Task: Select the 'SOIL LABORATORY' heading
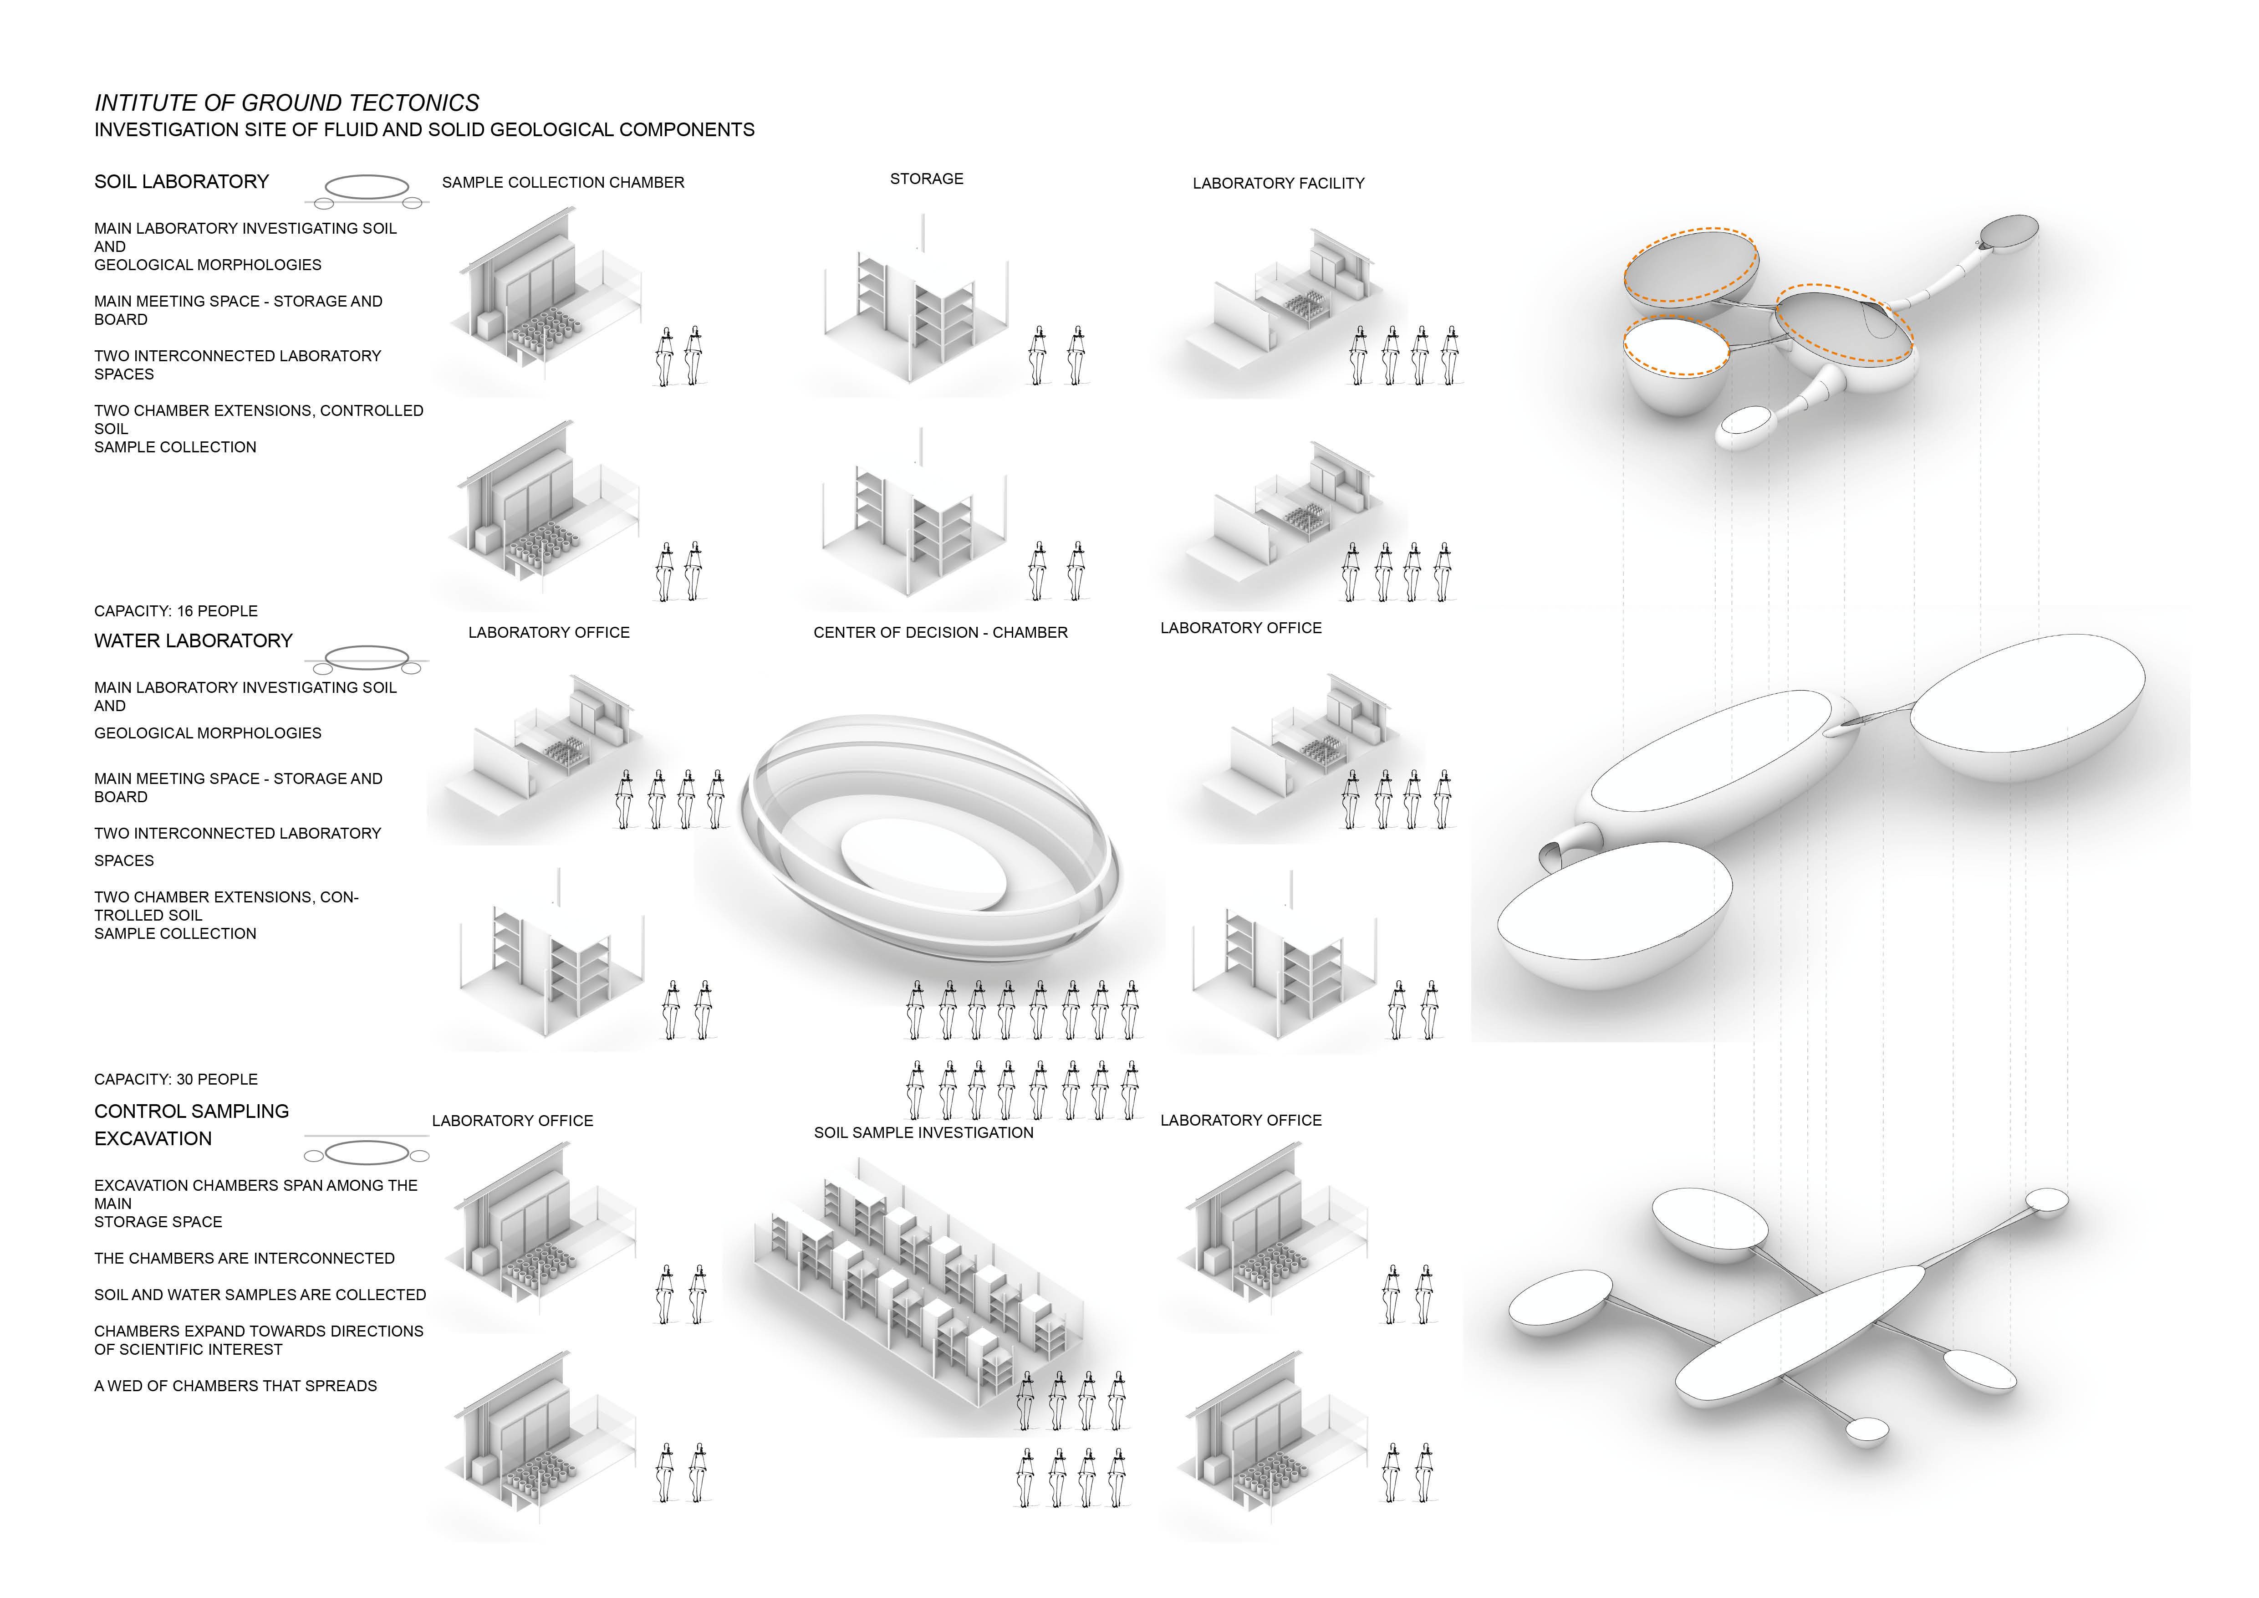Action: pyautogui.click(x=181, y=182)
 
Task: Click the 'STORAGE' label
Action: pyautogui.click(x=926, y=179)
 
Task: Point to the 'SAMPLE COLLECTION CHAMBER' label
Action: pyautogui.click(x=563, y=183)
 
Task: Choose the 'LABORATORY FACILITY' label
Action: pyautogui.click(x=1278, y=184)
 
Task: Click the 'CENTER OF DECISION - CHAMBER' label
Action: pyautogui.click(x=939, y=633)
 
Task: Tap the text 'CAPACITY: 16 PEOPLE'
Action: pyautogui.click(x=176, y=611)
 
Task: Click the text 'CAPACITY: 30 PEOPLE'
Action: pyautogui.click(x=176, y=1080)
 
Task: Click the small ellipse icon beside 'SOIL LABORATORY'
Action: pyautogui.click(x=367, y=187)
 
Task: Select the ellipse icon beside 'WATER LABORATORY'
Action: pyautogui.click(x=367, y=656)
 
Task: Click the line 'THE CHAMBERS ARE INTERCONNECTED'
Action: pyautogui.click(x=244, y=1259)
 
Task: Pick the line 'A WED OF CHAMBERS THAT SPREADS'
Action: pyautogui.click(x=235, y=1387)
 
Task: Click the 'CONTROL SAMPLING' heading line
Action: pyautogui.click(x=191, y=1112)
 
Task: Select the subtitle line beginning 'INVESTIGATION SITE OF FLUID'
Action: pyautogui.click(x=424, y=130)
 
